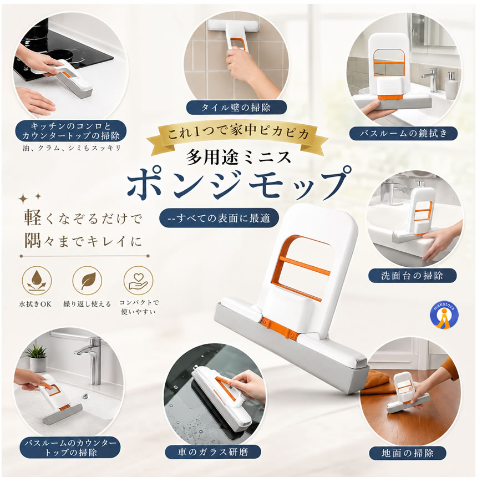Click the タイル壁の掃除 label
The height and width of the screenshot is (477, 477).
click(x=236, y=108)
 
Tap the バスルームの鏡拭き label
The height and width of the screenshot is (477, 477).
click(x=403, y=133)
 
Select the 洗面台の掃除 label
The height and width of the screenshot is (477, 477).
click(x=412, y=276)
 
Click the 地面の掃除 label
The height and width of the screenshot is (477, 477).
click(x=408, y=453)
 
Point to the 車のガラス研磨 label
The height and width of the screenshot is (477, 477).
click(x=213, y=452)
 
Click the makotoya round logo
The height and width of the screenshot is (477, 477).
click(x=444, y=316)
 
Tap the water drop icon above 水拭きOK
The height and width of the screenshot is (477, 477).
click(x=37, y=281)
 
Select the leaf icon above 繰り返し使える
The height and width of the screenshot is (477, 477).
click(x=87, y=281)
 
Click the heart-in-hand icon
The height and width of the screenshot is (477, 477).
click(x=139, y=281)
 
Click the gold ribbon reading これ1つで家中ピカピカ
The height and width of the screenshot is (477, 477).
click(x=237, y=134)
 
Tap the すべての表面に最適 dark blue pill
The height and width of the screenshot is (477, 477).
click(x=219, y=218)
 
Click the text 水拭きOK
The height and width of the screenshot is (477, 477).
click(x=35, y=304)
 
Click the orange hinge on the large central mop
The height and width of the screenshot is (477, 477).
click(x=278, y=328)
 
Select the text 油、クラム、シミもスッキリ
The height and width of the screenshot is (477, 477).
click(x=72, y=148)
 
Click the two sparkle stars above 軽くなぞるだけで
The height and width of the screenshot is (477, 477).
click(x=30, y=198)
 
